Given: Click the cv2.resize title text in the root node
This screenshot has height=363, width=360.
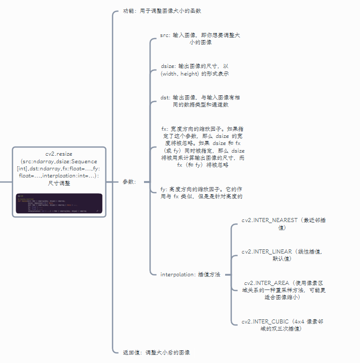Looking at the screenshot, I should point(59,153).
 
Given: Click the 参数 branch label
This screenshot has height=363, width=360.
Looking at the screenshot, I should point(129,182).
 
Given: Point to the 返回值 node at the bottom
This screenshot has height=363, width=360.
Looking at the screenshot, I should point(156,352).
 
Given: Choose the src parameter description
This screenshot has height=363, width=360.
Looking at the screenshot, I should point(200,39).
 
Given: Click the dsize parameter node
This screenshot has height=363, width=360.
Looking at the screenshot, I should point(195,70).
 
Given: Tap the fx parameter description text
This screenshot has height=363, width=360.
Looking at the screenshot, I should point(202,147).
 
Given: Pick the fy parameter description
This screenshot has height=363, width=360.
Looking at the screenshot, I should point(201,192).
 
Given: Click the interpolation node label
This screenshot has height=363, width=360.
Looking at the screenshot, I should point(190,274).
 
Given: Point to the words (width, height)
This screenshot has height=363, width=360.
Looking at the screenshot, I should point(180,74).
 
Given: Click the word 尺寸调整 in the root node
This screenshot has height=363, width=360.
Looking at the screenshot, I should point(59,183).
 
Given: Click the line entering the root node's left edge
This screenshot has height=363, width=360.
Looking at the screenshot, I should point(6,181).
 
